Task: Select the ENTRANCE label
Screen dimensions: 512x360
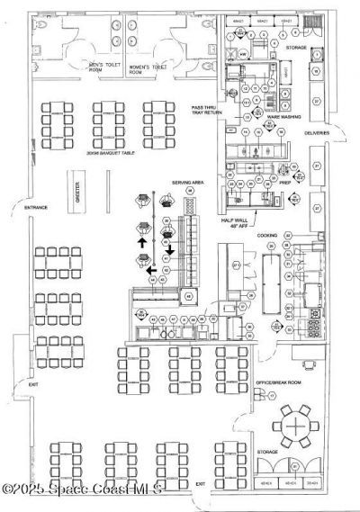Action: [36, 209]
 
